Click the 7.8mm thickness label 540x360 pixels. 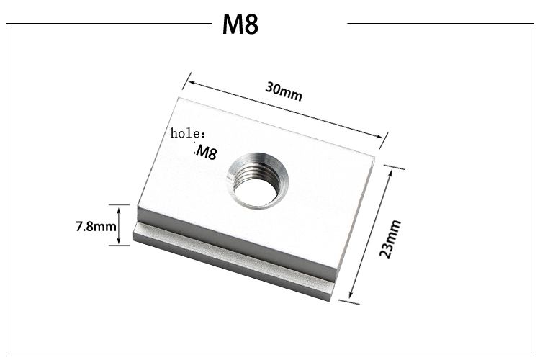click(x=96, y=227)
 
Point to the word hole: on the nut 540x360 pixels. click(x=188, y=133)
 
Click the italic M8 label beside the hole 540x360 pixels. click(x=206, y=153)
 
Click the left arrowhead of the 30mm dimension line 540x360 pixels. click(x=191, y=82)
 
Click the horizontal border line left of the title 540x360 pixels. click(x=108, y=23)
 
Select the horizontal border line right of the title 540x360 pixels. click(x=439, y=23)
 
